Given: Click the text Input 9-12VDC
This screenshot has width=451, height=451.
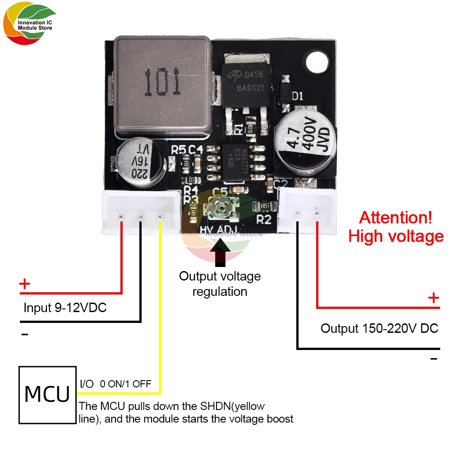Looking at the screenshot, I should pyautogui.click(x=65, y=308).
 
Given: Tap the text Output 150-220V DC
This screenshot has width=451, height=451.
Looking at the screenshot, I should pyautogui.click(x=379, y=328).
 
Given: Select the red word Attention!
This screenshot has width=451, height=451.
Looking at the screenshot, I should pyautogui.click(x=396, y=218).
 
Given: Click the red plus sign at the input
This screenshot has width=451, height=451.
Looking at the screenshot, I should pyautogui.click(x=25, y=284).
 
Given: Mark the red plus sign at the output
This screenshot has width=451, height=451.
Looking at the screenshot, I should pyautogui.click(x=433, y=298).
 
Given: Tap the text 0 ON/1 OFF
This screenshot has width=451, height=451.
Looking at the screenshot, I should pyautogui.click(x=125, y=384).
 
